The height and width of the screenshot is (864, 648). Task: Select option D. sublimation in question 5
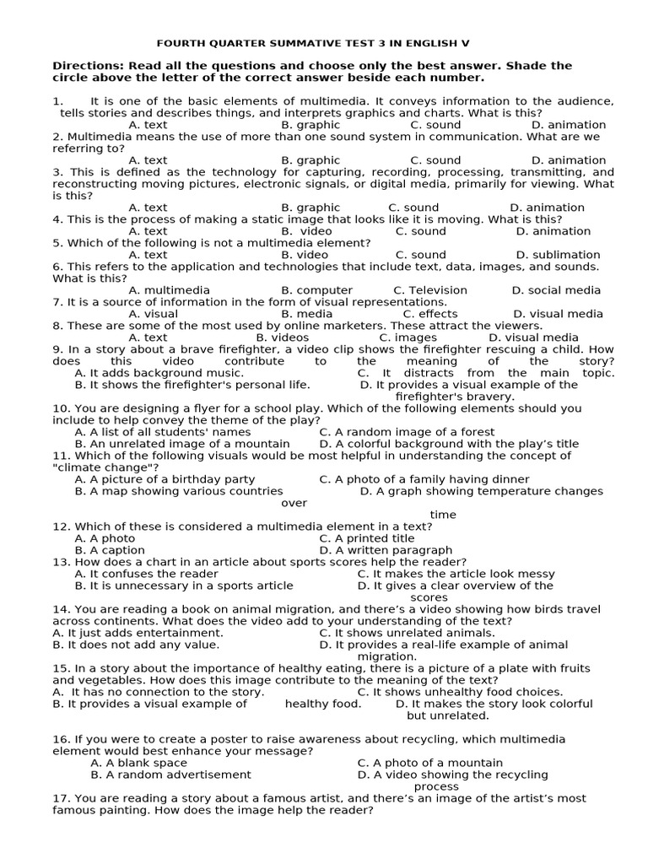pos(558,255)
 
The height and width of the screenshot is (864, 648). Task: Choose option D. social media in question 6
pos(556,290)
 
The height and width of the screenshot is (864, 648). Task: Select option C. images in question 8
pos(408,337)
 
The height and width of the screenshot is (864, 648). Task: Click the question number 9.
pos(57,349)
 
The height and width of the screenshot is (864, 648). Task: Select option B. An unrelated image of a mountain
pos(181,444)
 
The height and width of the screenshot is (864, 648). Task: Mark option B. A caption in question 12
pos(111,550)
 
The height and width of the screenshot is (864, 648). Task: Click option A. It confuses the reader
pos(146,574)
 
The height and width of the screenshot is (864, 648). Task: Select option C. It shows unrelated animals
pos(407,633)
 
